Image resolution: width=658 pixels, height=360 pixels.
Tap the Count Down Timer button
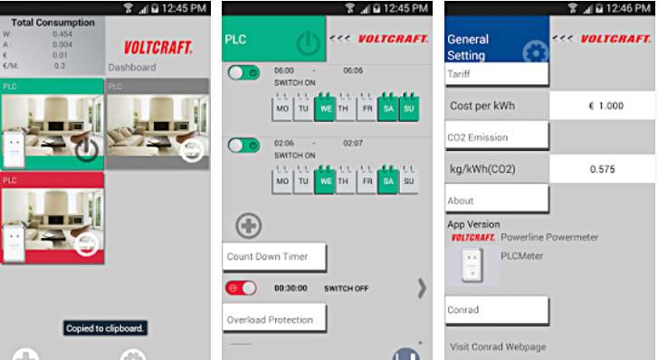[274, 257]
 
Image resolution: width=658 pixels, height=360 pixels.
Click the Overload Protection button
[274, 319]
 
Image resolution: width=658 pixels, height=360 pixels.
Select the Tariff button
[497, 74]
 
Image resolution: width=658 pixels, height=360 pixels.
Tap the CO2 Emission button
[497, 137]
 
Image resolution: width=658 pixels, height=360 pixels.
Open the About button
[497, 200]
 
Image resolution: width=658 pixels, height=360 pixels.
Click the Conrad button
[497, 310]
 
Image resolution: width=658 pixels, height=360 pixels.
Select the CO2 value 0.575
[602, 169]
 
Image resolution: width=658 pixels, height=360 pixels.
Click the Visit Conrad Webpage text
[498, 346]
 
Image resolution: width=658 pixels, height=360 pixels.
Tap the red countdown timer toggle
[242, 288]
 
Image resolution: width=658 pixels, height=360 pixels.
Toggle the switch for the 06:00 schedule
[243, 72]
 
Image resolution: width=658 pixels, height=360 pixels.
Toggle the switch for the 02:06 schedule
[243, 145]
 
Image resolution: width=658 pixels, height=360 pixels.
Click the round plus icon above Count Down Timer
[249, 225]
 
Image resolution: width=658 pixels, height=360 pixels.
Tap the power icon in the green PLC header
[309, 43]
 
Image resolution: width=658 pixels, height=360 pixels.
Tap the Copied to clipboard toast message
[105, 328]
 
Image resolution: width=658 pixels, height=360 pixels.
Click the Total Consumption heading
[52, 23]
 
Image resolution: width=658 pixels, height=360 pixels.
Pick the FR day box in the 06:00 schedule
[367, 109]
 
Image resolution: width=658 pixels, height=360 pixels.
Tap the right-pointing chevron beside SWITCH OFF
[422, 288]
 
